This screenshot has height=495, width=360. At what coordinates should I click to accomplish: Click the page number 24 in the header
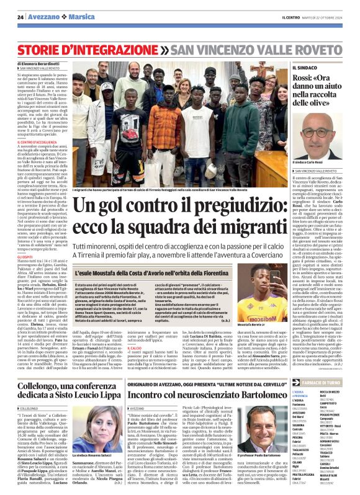click(x=20, y=17)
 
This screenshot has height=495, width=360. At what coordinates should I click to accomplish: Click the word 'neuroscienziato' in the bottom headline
click(x=214, y=377)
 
